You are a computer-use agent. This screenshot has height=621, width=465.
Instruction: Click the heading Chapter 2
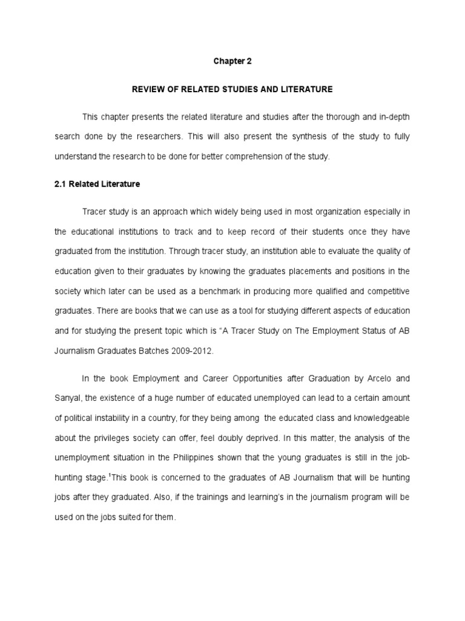[x=232, y=61]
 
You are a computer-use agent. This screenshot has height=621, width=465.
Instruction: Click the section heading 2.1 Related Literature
[x=97, y=184]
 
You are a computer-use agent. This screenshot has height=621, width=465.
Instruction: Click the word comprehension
[x=256, y=156]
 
